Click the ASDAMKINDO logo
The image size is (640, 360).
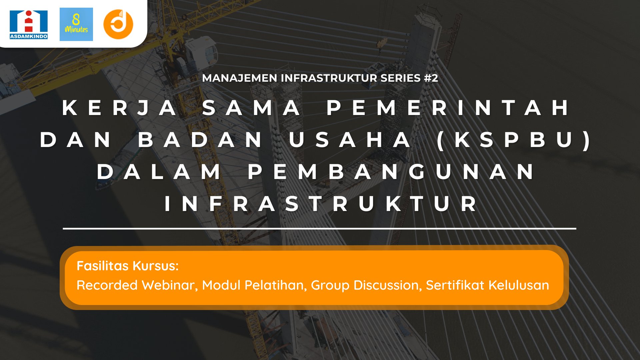[x=29, y=25]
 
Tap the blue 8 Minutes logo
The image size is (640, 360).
[x=76, y=25]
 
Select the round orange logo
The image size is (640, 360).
[x=118, y=24]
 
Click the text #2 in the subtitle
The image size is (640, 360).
[x=431, y=78]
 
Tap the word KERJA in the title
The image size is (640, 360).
[x=120, y=108]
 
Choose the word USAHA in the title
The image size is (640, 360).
[x=350, y=140]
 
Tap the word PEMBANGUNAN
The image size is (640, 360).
[x=391, y=172]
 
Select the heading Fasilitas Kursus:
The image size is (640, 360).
[x=128, y=266]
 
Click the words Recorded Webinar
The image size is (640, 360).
[x=137, y=285]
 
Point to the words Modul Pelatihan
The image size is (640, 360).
[x=254, y=285]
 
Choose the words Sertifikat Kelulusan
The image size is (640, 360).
[x=487, y=285]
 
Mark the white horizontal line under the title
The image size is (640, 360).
[x=319, y=229]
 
